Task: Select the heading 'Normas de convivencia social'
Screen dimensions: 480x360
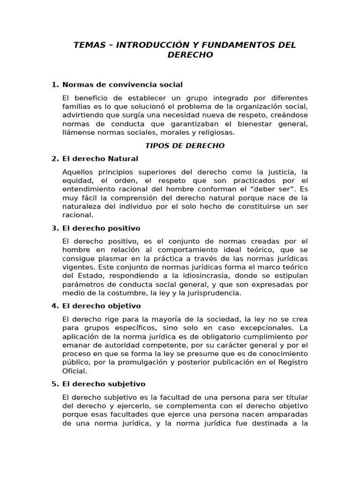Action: coord(122,85)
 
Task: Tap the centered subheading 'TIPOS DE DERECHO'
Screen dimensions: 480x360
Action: coord(185,146)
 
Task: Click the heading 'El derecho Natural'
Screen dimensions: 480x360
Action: coord(100,159)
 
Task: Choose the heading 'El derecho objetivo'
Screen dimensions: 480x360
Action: coord(101,306)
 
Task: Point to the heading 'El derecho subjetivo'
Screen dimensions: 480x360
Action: coord(104,384)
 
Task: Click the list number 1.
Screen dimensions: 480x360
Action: coord(54,85)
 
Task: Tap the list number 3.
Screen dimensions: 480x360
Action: coord(54,228)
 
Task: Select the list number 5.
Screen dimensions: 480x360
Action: coord(54,384)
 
